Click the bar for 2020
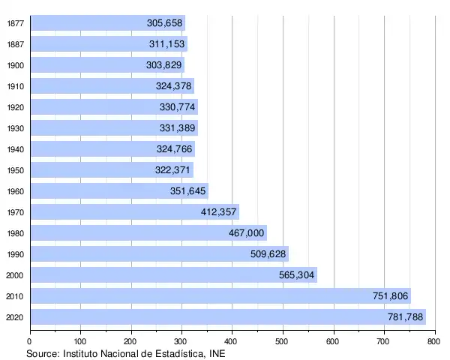point(228,316)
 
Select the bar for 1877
point(108,23)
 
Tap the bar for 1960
point(119,190)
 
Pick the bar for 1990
point(160,253)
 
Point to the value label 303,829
point(164,65)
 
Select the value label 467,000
point(247,233)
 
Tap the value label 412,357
point(219,212)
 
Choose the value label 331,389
point(178,128)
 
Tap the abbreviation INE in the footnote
point(216,352)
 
